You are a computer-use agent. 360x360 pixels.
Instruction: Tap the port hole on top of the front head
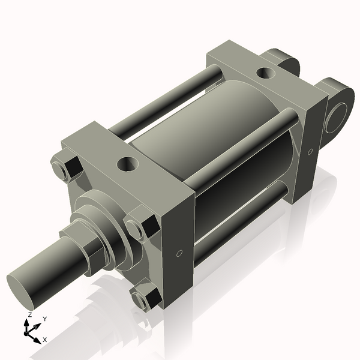click(x=127, y=163)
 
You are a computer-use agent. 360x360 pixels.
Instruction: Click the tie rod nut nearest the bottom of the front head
click(x=146, y=296)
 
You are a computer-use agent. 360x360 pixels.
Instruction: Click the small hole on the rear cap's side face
click(x=310, y=152)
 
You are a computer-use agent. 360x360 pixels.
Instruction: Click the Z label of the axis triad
click(x=29, y=314)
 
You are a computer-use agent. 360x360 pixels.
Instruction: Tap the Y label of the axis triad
click(x=45, y=319)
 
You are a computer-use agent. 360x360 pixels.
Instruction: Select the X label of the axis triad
click(x=44, y=340)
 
